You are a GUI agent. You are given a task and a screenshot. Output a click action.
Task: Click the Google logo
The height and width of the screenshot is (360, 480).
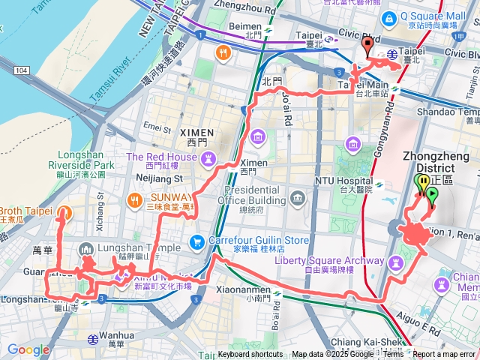pos(28,349)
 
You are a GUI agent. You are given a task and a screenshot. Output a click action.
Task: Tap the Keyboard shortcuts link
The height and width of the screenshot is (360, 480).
pos(250,355)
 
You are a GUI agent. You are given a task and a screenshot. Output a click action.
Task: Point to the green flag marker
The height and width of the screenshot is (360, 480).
pos(432,196)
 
